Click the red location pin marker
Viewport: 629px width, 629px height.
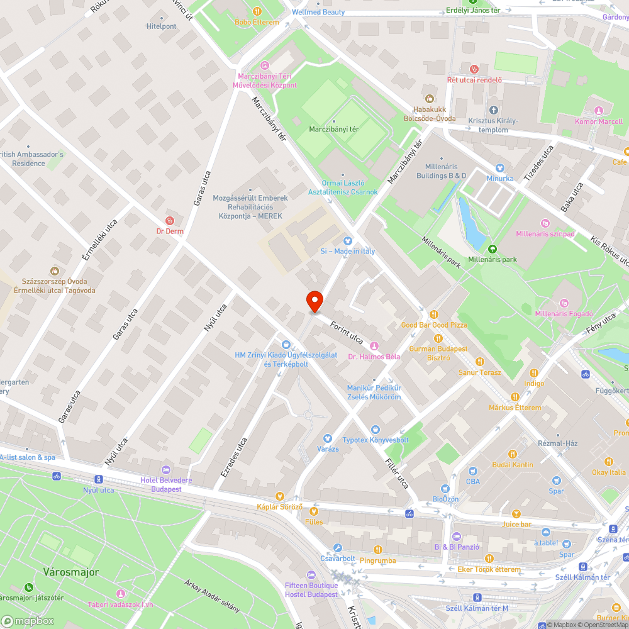314,302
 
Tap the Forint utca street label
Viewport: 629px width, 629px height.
346,330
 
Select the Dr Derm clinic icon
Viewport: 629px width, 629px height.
169,220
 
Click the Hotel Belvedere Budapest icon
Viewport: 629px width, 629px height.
165,470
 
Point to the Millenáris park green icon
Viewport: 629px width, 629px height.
493,248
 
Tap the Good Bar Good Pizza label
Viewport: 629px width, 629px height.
434,325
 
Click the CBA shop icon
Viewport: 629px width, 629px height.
472,470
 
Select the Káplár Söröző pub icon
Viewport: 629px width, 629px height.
280,496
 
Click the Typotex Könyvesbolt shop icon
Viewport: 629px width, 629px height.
376,429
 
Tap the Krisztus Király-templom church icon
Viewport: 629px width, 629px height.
493,110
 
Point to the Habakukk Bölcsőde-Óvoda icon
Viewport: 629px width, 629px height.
430,98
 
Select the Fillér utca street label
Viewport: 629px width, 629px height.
398,473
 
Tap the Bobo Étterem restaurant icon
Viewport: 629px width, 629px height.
257,11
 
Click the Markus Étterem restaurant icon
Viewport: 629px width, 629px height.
515,397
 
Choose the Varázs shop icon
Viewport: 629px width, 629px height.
327,438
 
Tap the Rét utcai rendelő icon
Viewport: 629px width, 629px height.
474,69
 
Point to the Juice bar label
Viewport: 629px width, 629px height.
517,524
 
